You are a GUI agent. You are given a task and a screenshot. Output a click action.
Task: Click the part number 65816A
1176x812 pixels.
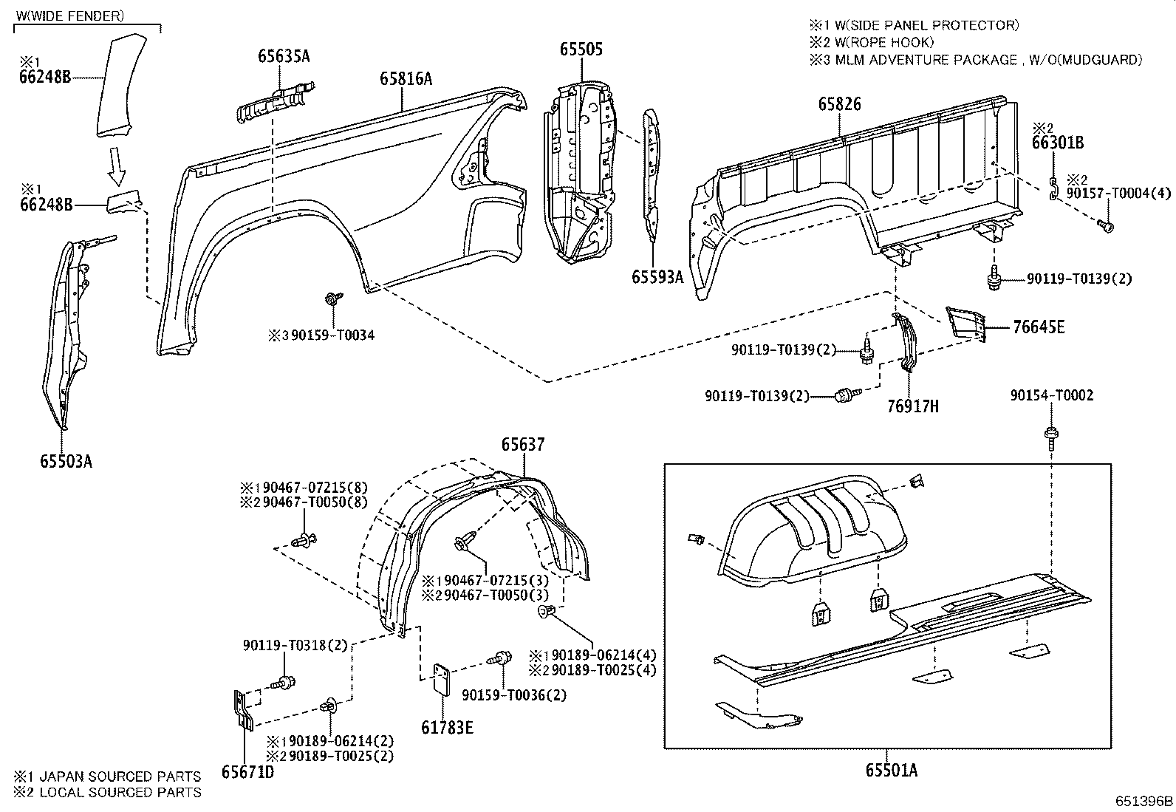(406, 78)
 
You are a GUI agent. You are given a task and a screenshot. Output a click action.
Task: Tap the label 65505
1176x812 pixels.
(581, 50)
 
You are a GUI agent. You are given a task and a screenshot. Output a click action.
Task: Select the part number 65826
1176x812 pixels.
(839, 105)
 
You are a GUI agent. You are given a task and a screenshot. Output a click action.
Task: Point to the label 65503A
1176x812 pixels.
(66, 462)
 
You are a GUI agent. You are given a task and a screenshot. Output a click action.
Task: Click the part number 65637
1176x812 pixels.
(523, 444)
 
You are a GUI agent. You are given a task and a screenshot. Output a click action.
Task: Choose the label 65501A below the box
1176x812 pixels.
(892, 770)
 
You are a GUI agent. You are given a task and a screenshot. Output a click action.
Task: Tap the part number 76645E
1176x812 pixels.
(1039, 327)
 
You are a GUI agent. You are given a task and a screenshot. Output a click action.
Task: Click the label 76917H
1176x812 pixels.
(912, 406)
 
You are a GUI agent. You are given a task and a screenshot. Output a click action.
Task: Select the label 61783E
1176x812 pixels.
(447, 727)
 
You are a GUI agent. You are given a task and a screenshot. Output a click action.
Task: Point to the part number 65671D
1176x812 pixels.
(247, 771)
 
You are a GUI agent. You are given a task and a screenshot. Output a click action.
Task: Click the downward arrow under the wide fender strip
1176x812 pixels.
(115, 166)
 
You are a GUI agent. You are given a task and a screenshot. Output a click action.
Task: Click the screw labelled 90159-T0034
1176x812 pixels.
(331, 300)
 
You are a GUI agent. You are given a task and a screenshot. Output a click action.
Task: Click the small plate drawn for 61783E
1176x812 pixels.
(442, 679)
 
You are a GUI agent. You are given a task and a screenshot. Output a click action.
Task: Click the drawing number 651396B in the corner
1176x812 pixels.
(1144, 801)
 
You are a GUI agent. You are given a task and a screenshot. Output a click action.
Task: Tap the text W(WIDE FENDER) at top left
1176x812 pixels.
(69, 16)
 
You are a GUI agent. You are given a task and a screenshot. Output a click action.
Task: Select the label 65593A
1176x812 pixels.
(657, 276)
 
